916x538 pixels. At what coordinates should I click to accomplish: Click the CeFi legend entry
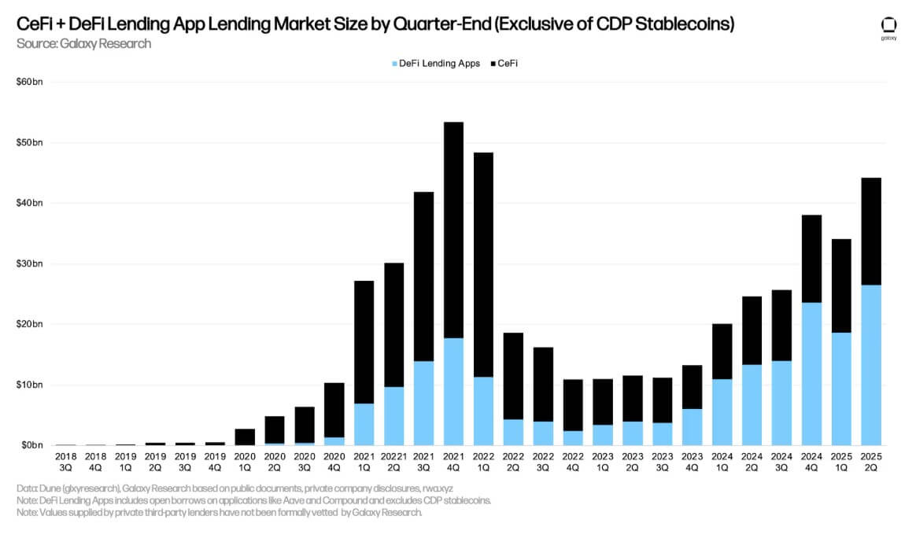[x=507, y=64]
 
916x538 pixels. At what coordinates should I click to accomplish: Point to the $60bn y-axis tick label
[x=31, y=83]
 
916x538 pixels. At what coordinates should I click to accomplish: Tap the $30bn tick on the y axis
[x=31, y=263]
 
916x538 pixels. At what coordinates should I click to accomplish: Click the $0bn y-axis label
[x=33, y=445]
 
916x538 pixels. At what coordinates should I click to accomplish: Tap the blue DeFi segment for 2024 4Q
[x=811, y=374]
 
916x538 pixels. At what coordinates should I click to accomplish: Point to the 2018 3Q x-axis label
[x=65, y=461]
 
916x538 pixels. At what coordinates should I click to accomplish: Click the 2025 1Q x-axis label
[x=841, y=461]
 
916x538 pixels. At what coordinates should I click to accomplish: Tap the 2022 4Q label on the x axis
[x=572, y=461]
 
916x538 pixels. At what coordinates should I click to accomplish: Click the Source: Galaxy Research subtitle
[x=83, y=44]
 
